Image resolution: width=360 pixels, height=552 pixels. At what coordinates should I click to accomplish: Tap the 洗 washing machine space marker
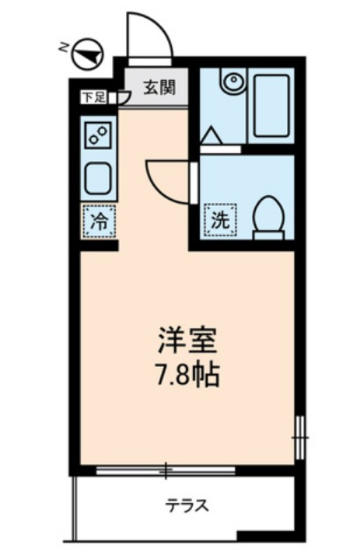(220, 218)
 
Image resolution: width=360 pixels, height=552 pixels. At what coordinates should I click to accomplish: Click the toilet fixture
(269, 213)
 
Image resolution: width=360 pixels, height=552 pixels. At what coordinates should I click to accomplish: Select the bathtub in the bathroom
(273, 105)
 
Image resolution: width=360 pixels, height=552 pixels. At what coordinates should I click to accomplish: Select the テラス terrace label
(187, 506)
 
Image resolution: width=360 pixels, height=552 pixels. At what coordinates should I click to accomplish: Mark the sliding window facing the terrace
(165, 470)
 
